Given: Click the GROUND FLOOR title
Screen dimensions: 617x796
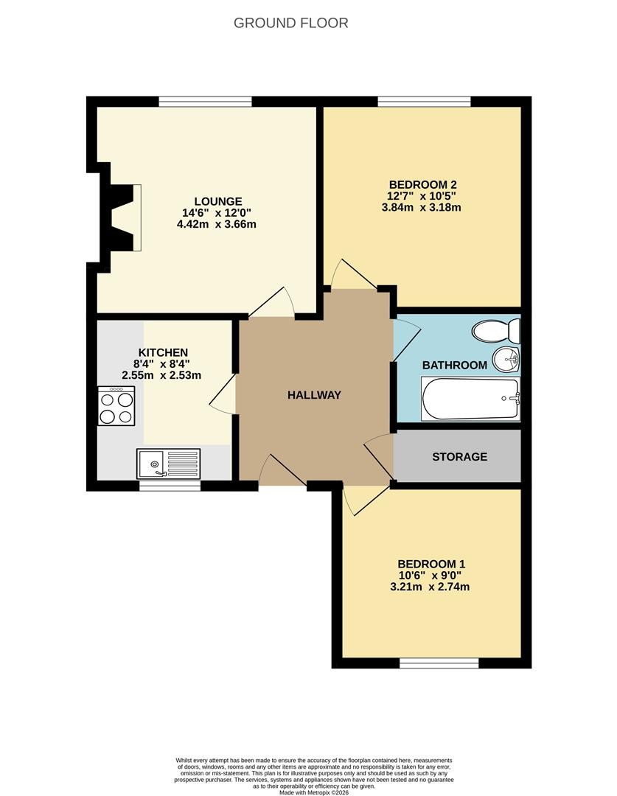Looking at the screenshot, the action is (x=291, y=23).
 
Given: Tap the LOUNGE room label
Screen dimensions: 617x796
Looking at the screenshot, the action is (x=218, y=201).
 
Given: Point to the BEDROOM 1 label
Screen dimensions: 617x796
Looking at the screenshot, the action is (x=431, y=564).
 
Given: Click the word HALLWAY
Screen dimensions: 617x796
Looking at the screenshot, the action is (x=314, y=395).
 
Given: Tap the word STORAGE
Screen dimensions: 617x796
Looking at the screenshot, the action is (x=459, y=457).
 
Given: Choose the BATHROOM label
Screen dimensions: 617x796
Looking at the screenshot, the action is (x=455, y=365).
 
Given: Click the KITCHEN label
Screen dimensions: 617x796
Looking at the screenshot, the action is (x=163, y=352).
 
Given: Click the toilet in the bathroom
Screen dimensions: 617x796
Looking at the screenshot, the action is (x=496, y=331).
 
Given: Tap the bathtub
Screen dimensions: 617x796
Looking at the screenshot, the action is (x=470, y=399).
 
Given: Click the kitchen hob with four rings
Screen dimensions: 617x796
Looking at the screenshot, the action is (x=116, y=405).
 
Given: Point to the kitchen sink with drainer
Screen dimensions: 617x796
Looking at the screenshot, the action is (x=168, y=464).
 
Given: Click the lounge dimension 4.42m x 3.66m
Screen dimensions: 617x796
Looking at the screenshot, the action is (x=216, y=224).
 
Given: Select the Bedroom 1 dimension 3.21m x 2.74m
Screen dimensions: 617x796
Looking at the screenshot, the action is (x=430, y=587).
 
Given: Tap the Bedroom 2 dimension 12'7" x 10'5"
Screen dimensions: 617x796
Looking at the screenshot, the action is (x=422, y=196).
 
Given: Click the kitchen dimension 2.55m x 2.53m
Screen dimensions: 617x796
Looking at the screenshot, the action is (x=161, y=376).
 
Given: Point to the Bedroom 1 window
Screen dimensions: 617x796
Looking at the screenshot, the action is (x=439, y=663).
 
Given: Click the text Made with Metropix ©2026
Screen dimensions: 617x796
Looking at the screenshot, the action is (x=314, y=792).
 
